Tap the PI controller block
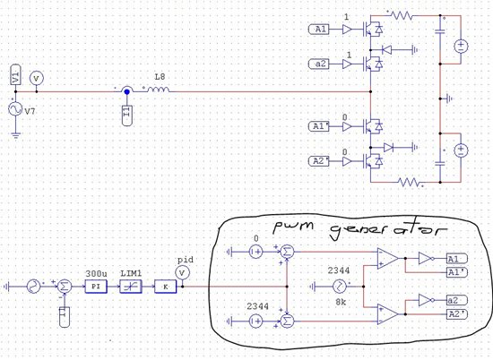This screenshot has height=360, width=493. [96, 286]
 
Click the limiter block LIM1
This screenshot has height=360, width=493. [131, 286]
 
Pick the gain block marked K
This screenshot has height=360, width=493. [165, 286]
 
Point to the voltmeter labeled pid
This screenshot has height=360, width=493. [184, 272]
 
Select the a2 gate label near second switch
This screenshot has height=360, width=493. [322, 63]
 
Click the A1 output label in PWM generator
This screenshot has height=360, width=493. [455, 257]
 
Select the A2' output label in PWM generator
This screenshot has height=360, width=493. [457, 314]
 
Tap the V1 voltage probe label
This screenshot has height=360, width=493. [15, 77]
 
